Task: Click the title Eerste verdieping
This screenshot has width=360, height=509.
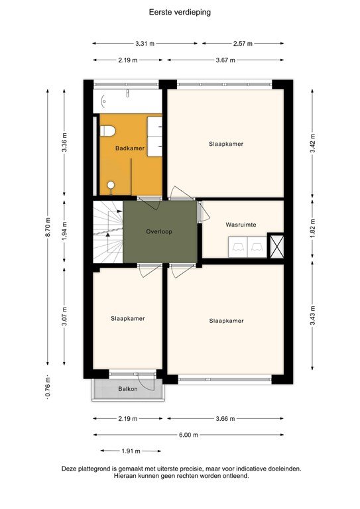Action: [180, 12]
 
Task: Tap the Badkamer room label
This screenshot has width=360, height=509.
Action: [129, 148]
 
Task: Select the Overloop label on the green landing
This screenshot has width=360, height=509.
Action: [160, 232]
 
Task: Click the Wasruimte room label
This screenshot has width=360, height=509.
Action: [239, 225]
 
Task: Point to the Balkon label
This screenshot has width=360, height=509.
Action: [128, 389]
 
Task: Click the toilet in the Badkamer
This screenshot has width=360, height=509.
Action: [107, 129]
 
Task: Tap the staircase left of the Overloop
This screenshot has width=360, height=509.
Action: [107, 232]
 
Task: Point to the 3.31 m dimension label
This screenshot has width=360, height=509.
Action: [145, 44]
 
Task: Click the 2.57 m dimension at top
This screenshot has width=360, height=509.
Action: [243, 44]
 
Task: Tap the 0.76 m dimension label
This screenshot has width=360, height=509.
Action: [48, 387]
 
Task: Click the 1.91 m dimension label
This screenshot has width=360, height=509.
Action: [131, 451]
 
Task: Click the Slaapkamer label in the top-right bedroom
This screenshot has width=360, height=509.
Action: [226, 143]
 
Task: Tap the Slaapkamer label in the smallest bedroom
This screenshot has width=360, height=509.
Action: [127, 318]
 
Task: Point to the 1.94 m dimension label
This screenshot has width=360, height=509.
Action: [64, 231]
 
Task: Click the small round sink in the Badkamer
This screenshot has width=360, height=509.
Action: [111, 185]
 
